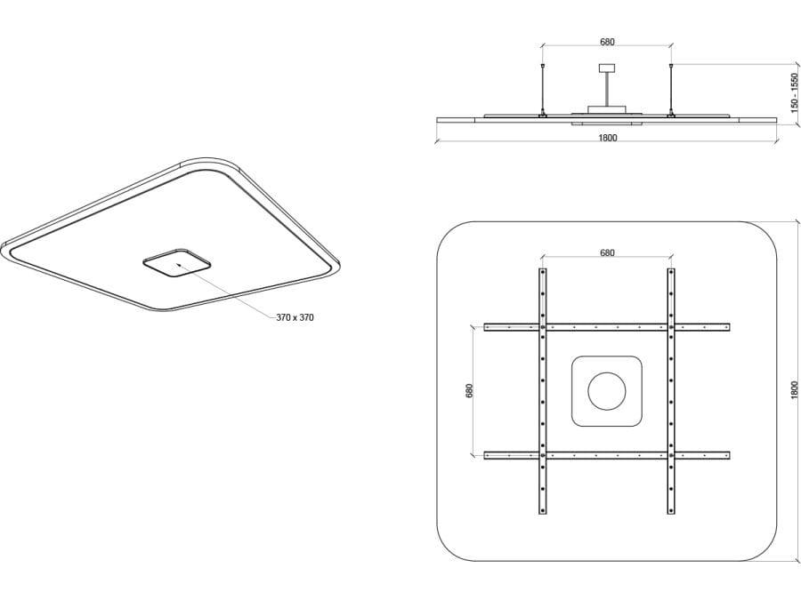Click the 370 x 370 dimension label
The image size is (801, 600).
[x=295, y=317]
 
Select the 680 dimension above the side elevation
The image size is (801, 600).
[x=607, y=42]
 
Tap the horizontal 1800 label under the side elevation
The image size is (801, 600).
[x=607, y=138]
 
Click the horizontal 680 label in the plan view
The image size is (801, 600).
[x=607, y=253]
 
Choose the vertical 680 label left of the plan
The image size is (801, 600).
[x=469, y=391]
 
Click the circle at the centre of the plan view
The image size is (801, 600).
[x=607, y=391]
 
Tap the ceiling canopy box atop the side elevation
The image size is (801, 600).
[x=607, y=68]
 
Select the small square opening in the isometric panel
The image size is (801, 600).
[x=178, y=263]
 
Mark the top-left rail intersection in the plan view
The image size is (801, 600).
[x=542, y=327]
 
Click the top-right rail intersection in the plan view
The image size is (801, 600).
[x=671, y=327]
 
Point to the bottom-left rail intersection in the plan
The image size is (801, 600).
[x=542, y=455]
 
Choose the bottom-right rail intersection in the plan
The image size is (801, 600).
[x=671, y=455]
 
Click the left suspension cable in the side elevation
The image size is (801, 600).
[x=542, y=89]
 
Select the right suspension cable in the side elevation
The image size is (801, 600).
[x=671, y=89]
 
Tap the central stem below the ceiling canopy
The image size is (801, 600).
[x=607, y=89]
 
